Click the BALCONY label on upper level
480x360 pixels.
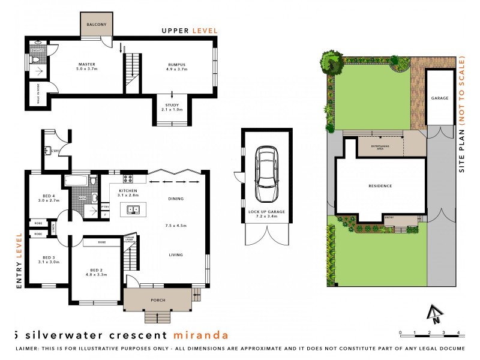[x=97, y=25]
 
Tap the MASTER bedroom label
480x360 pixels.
[x=87, y=64]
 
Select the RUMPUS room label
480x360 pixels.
[x=176, y=64]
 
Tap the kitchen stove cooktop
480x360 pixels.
[x=128, y=178]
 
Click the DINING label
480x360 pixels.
[x=176, y=199]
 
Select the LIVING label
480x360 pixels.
[x=175, y=255]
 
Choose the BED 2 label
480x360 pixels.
[x=97, y=270]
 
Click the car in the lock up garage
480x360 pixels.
[x=266, y=175]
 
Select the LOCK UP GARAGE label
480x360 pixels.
[x=266, y=212]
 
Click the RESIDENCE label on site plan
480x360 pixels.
[x=380, y=186]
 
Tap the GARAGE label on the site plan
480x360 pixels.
[x=440, y=98]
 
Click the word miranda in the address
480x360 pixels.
[x=200, y=334]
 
